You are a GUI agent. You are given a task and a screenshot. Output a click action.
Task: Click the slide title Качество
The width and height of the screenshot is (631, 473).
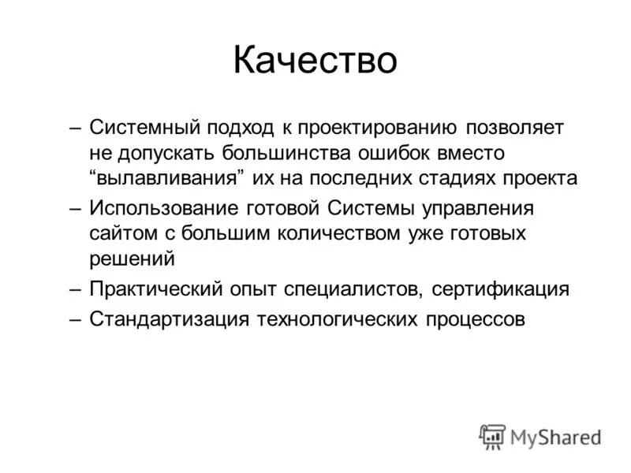(315, 61)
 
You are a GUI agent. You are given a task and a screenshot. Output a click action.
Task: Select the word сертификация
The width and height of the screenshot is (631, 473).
(500, 289)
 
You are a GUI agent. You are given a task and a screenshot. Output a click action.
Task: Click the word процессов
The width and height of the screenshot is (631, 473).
(476, 319)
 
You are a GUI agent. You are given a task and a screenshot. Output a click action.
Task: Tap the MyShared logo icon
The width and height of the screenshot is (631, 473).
(493, 436)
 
